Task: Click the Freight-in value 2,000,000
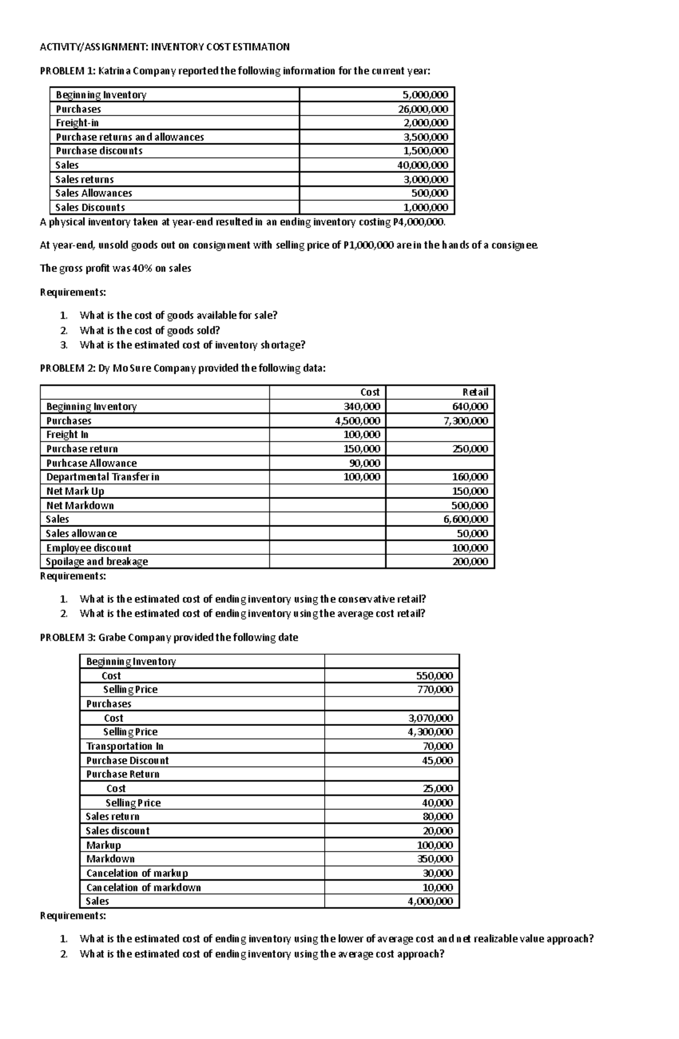click(x=424, y=123)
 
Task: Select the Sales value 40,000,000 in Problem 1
click(x=422, y=165)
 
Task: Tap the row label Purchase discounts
click(x=98, y=151)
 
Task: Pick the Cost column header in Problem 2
click(x=369, y=392)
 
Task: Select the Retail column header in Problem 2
click(x=475, y=392)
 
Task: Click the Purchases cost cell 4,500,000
click(x=357, y=421)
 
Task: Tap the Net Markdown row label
click(x=80, y=505)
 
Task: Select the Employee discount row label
click(x=88, y=548)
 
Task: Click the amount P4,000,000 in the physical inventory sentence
click(x=418, y=222)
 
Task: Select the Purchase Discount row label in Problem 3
click(x=127, y=760)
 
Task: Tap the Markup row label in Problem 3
click(x=103, y=845)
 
